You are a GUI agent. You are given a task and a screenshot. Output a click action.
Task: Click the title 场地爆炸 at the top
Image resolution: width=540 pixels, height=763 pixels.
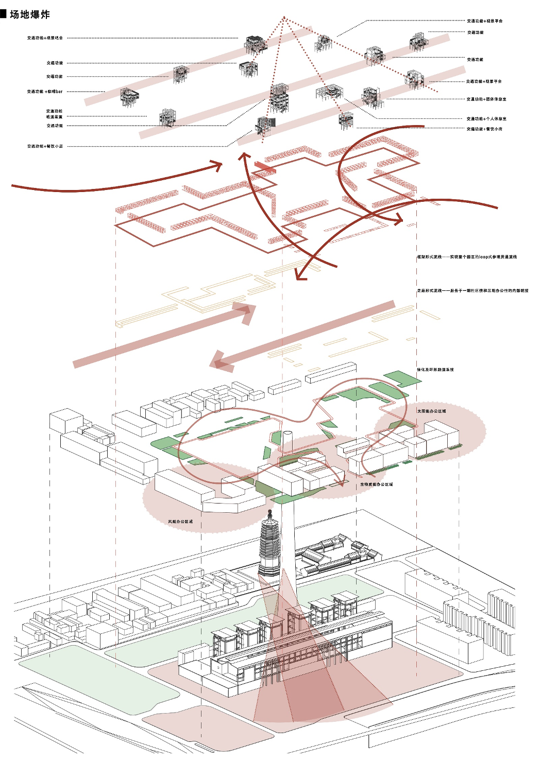coord(30,14)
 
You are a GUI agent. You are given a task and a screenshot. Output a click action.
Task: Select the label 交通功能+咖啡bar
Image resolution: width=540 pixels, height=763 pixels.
coord(45,92)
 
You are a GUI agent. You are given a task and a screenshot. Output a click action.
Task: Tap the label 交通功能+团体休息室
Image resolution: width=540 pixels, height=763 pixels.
coord(486,99)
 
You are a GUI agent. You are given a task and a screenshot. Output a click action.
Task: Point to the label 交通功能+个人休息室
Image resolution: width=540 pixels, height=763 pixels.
coord(486,119)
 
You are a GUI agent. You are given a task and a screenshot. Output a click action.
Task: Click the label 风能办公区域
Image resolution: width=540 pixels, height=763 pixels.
coord(180,522)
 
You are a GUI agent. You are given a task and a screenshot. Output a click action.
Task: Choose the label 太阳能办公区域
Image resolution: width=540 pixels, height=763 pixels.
coord(432,411)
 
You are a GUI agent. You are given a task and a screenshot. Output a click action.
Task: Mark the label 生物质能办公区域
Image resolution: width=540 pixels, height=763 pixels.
coord(376,484)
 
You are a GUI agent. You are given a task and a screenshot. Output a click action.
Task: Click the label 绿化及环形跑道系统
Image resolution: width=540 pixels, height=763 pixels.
coord(435,370)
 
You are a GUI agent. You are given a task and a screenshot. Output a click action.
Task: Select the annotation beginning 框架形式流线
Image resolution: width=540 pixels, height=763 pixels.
coord(467,256)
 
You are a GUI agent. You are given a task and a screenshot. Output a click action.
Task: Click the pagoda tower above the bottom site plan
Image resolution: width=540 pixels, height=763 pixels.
coord(269,548)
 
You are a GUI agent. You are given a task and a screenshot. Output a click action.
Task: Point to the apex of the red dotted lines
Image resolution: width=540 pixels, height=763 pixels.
coord(283,18)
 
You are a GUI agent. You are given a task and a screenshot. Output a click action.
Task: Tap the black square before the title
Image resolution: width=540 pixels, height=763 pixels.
coord(3,14)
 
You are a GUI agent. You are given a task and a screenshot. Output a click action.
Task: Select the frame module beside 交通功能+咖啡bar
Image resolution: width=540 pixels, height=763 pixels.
coord(129,96)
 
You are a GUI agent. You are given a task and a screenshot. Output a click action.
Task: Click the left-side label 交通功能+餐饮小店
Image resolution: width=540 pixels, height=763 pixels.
coord(45,146)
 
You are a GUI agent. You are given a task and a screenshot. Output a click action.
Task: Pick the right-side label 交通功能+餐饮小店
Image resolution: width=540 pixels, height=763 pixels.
coord(484,129)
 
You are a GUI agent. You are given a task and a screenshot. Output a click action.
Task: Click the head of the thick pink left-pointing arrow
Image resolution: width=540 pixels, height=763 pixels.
coord(221,361)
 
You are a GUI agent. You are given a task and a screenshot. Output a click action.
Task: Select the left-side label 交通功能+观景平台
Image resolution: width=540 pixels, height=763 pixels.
coord(45,38)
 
